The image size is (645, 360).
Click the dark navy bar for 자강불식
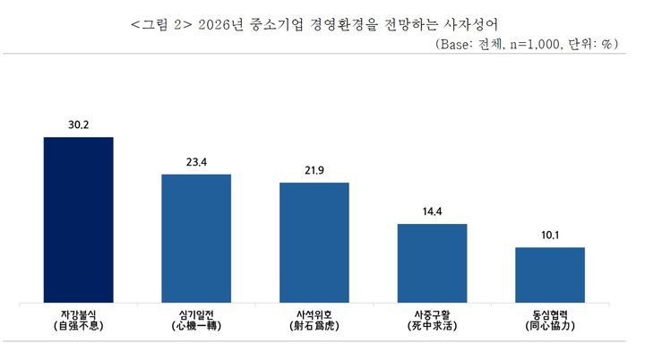(79, 220)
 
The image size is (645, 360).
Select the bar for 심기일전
(196, 239)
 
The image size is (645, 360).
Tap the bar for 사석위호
(314, 243)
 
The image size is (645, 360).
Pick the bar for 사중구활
(432, 263)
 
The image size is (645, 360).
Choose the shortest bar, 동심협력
(550, 275)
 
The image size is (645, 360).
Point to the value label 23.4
(196, 162)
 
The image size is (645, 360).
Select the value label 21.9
(314, 170)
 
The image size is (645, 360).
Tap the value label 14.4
(432, 211)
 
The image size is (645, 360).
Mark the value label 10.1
(550, 235)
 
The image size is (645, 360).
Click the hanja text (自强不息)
(79, 330)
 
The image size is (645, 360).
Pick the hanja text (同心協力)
(550, 330)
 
